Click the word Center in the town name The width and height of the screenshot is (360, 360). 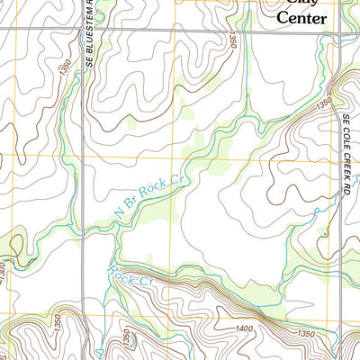click(302, 16)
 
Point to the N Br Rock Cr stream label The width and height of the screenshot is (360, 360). click(149, 195)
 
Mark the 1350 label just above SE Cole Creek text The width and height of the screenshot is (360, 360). click(325, 105)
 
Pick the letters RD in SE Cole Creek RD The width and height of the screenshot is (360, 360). click(345, 190)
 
